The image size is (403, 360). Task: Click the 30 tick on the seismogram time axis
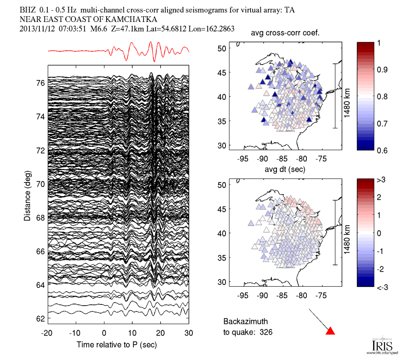click(x=189, y=333)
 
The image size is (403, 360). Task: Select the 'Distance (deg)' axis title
click(x=27, y=197)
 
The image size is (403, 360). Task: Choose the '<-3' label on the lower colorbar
click(x=384, y=287)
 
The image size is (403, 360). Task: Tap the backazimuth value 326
click(x=266, y=332)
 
